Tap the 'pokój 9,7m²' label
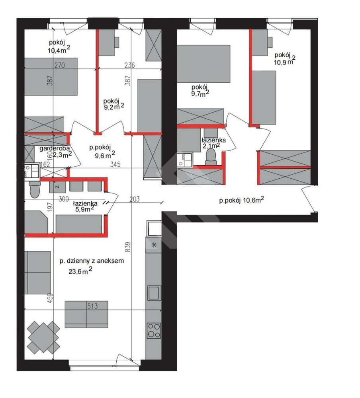coord(200,91)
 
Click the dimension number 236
coord(129,65)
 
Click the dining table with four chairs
coord(44,337)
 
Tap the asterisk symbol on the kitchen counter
coord(154,245)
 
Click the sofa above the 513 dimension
coord(86,314)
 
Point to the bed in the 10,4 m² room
coord(51,77)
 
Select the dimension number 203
coord(135,199)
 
